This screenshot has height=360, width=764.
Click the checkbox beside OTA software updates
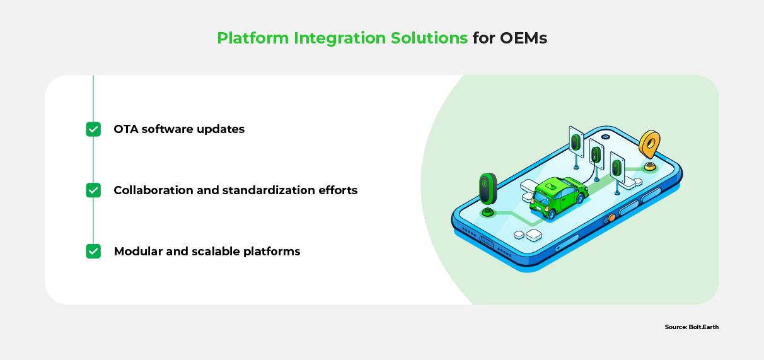(x=93, y=129)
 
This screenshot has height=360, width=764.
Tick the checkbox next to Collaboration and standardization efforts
(x=93, y=190)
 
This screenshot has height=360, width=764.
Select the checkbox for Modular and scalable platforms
(x=93, y=252)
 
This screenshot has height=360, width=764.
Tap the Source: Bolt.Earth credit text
(x=692, y=327)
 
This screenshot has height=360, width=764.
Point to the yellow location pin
(x=649, y=145)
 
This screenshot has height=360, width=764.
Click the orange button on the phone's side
(x=611, y=218)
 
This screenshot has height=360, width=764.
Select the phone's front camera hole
(x=605, y=137)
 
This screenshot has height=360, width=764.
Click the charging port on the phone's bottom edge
(x=486, y=241)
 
